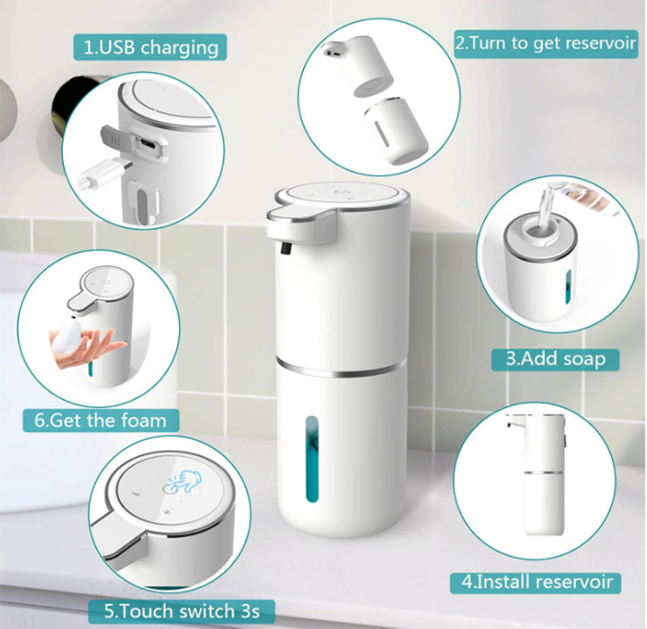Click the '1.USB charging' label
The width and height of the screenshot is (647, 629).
[x=150, y=48]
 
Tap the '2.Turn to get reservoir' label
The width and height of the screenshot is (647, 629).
[x=546, y=42]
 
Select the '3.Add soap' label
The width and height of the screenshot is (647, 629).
[x=555, y=358]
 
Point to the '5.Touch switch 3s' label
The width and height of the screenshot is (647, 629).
[x=180, y=612]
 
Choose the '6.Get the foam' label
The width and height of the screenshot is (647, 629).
[x=106, y=420]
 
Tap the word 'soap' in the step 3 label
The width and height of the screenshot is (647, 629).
[x=582, y=358]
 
